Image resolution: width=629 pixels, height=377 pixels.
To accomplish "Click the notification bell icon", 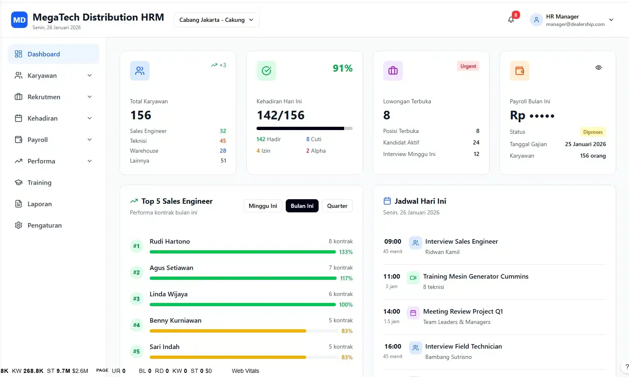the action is point(511,20).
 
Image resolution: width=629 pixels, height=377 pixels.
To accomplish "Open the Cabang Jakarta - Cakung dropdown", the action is point(217,20).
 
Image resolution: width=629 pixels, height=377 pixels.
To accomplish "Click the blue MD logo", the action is point(19,20).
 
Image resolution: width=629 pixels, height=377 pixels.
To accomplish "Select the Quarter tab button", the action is point(337,206).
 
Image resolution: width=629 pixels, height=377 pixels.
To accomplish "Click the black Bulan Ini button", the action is point(302,206).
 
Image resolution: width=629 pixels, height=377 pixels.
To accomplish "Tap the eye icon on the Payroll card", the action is point(599,67).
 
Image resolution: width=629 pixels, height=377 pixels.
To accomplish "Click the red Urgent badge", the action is point(468,66).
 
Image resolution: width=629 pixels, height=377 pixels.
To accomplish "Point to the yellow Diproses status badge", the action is point(593,132).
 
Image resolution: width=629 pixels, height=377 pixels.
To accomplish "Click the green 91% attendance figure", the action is point(342,68).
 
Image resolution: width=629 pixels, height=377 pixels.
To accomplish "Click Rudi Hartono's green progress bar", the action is point(243,252).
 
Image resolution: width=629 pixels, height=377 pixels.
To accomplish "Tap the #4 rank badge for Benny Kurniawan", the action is point(136,325).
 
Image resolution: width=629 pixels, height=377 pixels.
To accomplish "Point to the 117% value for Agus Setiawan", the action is point(346,278).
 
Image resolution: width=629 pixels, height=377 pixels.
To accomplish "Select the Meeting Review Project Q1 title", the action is point(463,312).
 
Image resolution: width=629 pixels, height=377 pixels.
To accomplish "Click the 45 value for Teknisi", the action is point(223,141).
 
